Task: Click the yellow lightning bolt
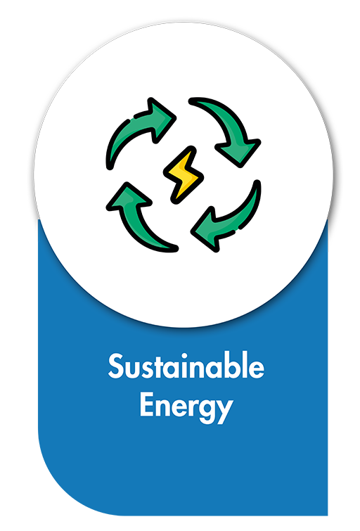pos(184,175)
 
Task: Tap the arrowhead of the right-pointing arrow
pos(162,119)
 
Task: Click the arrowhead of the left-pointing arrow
pos(205,229)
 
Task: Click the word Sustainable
pos(186,366)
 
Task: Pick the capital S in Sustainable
pos(115,366)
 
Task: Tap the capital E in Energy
pos(147,404)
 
